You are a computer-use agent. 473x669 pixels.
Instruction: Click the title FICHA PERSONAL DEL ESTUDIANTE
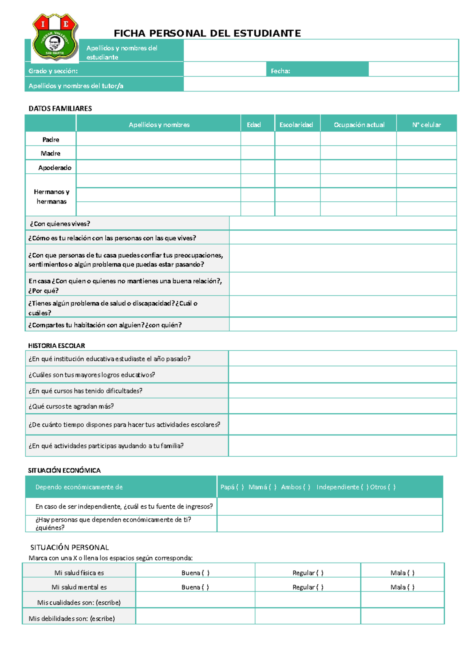(207, 33)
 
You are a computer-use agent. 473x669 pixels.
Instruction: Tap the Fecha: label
(280, 71)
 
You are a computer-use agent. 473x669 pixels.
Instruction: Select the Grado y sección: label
(53, 71)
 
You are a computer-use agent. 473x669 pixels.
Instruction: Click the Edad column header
(254, 125)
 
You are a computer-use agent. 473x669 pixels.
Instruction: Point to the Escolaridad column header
(296, 125)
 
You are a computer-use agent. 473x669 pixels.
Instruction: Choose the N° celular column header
(426, 125)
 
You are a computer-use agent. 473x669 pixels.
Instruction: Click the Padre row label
(50, 139)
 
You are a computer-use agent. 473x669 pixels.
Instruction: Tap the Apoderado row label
(55, 168)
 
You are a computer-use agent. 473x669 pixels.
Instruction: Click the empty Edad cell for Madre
(257, 153)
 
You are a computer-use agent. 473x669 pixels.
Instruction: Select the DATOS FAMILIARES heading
(60, 108)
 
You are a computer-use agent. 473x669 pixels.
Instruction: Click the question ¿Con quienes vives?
(60, 224)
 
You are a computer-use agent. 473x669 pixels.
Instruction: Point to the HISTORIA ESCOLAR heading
(56, 346)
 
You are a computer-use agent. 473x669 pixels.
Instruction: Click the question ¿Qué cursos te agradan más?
(71, 406)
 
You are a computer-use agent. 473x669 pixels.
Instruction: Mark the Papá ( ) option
(232, 487)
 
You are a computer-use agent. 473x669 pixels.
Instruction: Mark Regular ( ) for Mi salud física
(308, 573)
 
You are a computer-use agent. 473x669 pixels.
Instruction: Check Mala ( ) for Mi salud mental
(402, 587)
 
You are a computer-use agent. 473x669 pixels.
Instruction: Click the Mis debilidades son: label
(72, 619)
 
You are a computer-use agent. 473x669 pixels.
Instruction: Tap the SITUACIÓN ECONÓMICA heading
(64, 470)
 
